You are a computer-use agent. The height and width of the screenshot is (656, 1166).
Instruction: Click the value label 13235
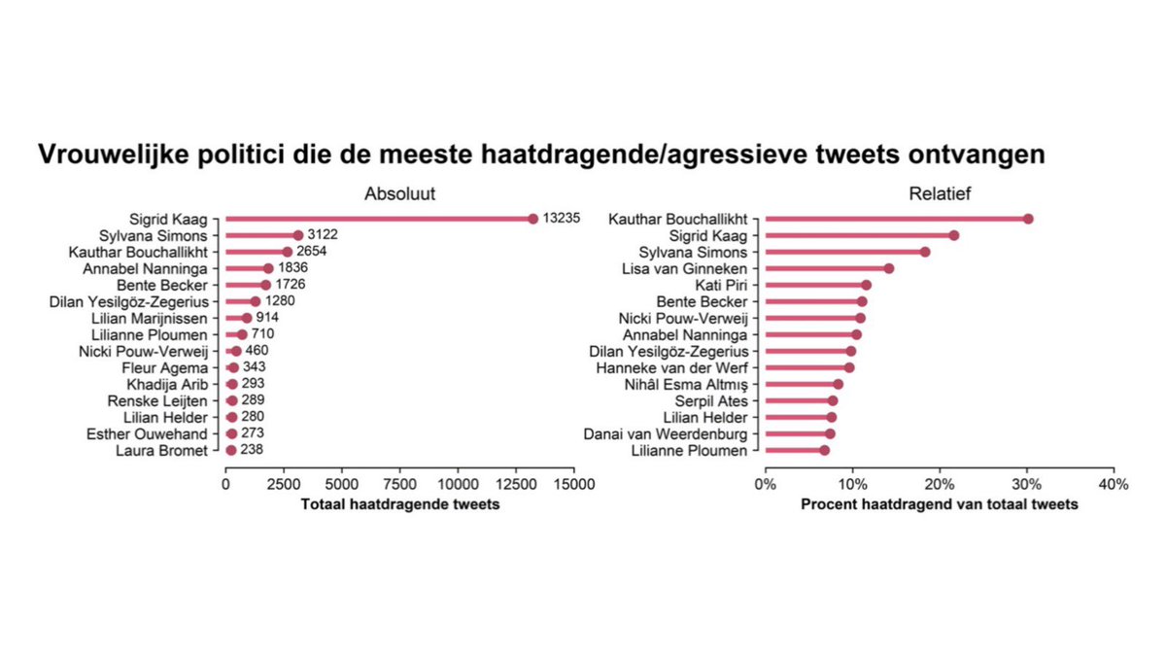coord(562,219)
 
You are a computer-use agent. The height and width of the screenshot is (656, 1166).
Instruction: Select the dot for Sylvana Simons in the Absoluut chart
coord(298,235)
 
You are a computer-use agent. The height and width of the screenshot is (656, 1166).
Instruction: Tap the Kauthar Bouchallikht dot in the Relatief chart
coord(1028,219)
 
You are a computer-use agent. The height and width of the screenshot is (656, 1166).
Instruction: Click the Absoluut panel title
coord(398,192)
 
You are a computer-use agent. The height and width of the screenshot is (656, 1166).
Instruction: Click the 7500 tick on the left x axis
coord(398,484)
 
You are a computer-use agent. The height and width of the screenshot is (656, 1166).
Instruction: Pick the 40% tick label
coord(1113,484)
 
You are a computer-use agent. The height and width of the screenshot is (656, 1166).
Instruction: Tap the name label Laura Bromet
coord(161,451)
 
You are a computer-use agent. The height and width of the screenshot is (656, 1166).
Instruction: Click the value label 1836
coord(293,268)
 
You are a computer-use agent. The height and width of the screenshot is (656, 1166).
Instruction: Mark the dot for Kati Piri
coord(866,285)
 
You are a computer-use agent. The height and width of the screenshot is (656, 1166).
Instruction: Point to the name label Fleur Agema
coord(174,368)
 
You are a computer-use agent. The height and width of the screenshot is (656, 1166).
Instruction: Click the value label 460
coord(257,351)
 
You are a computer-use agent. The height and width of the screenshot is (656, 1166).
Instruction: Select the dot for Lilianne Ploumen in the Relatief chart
coord(824,451)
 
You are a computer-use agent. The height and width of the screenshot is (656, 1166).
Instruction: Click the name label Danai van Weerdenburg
coord(667,434)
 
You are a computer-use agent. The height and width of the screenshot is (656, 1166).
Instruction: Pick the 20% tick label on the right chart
coord(939,484)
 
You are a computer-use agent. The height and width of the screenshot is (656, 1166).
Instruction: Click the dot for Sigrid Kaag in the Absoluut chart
coord(532,219)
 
